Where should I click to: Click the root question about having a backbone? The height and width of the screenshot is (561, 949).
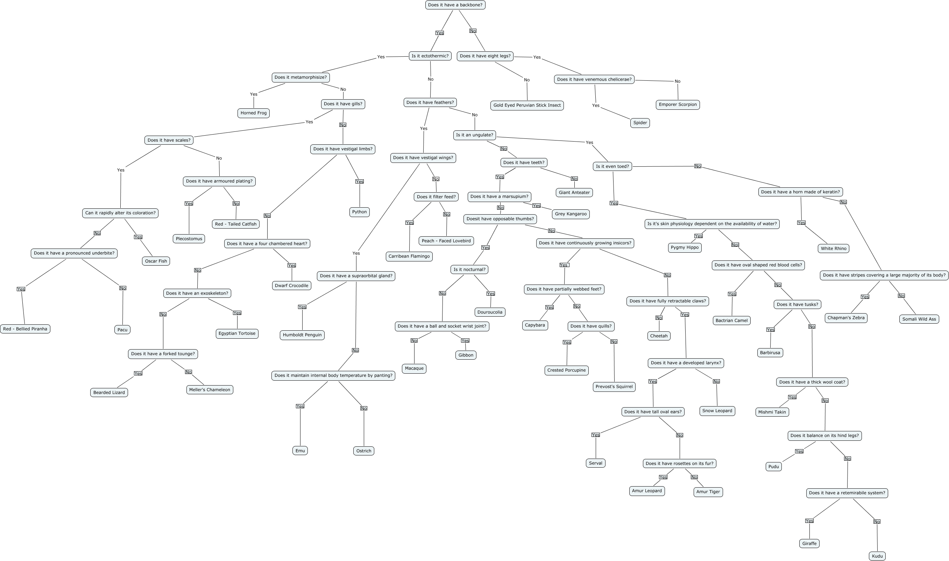click(455, 5)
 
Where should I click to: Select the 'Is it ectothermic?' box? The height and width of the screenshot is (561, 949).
click(430, 56)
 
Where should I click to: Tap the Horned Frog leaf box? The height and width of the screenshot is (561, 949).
click(253, 113)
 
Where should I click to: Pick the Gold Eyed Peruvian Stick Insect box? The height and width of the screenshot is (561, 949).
click(527, 105)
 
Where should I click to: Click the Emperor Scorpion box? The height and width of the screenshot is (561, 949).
click(678, 105)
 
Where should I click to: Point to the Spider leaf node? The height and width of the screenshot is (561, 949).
click(640, 123)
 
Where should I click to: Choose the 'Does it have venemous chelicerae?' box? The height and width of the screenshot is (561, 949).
click(594, 79)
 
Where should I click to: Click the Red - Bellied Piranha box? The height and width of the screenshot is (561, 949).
click(25, 329)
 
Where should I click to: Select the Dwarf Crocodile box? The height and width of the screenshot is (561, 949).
click(291, 286)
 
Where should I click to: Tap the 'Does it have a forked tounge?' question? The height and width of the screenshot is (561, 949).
click(163, 354)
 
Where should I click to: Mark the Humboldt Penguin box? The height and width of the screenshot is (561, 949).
click(302, 335)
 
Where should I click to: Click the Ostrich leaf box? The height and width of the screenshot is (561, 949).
click(363, 451)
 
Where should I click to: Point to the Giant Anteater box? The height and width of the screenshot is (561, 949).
click(574, 193)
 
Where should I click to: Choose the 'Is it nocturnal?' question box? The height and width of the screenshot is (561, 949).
click(469, 269)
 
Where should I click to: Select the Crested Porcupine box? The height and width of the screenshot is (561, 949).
click(566, 370)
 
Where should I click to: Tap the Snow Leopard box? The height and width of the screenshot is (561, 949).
click(717, 411)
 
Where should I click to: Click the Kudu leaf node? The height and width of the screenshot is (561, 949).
click(877, 556)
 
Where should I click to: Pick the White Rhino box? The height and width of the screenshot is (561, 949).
click(833, 249)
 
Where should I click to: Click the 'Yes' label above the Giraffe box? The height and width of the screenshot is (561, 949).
click(809, 521)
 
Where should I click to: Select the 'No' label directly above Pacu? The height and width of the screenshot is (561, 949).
click(122, 288)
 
